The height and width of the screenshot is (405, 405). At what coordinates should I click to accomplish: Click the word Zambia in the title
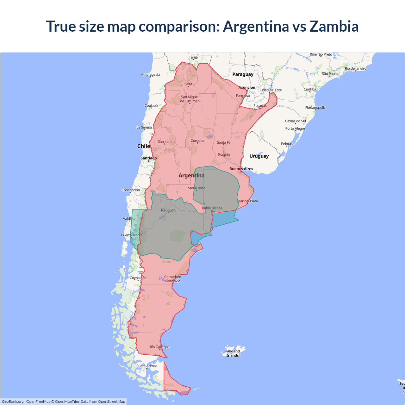click(334, 26)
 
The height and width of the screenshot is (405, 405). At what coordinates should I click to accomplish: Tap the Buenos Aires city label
click(241, 169)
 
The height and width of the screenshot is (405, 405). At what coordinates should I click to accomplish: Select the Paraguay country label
click(243, 74)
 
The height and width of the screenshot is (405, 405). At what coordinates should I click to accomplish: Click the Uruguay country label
click(259, 156)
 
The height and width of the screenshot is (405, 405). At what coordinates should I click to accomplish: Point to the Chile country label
click(143, 146)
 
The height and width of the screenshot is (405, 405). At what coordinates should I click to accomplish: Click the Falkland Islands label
click(232, 353)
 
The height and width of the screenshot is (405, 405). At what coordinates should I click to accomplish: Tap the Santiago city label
click(148, 158)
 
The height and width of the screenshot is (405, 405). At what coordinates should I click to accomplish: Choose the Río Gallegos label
click(159, 347)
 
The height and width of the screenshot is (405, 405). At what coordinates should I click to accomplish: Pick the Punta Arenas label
click(146, 366)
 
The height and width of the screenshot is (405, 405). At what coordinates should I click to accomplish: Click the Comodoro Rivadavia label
click(172, 279)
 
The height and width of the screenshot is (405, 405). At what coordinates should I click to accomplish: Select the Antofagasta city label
click(150, 75)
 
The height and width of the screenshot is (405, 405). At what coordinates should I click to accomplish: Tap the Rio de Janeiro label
click(355, 68)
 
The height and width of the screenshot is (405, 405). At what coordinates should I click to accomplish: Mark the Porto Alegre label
click(295, 128)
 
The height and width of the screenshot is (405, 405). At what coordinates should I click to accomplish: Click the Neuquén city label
click(168, 210)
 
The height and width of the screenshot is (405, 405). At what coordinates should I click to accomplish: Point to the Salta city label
click(188, 84)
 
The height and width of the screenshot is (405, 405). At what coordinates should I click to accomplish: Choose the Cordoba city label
click(197, 140)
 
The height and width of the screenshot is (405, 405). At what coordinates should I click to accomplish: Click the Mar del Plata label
click(248, 201)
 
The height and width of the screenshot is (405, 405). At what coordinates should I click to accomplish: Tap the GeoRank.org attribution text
click(13, 402)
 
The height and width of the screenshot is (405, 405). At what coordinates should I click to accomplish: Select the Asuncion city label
click(247, 87)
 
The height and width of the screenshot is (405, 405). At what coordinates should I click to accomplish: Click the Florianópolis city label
click(315, 108)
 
